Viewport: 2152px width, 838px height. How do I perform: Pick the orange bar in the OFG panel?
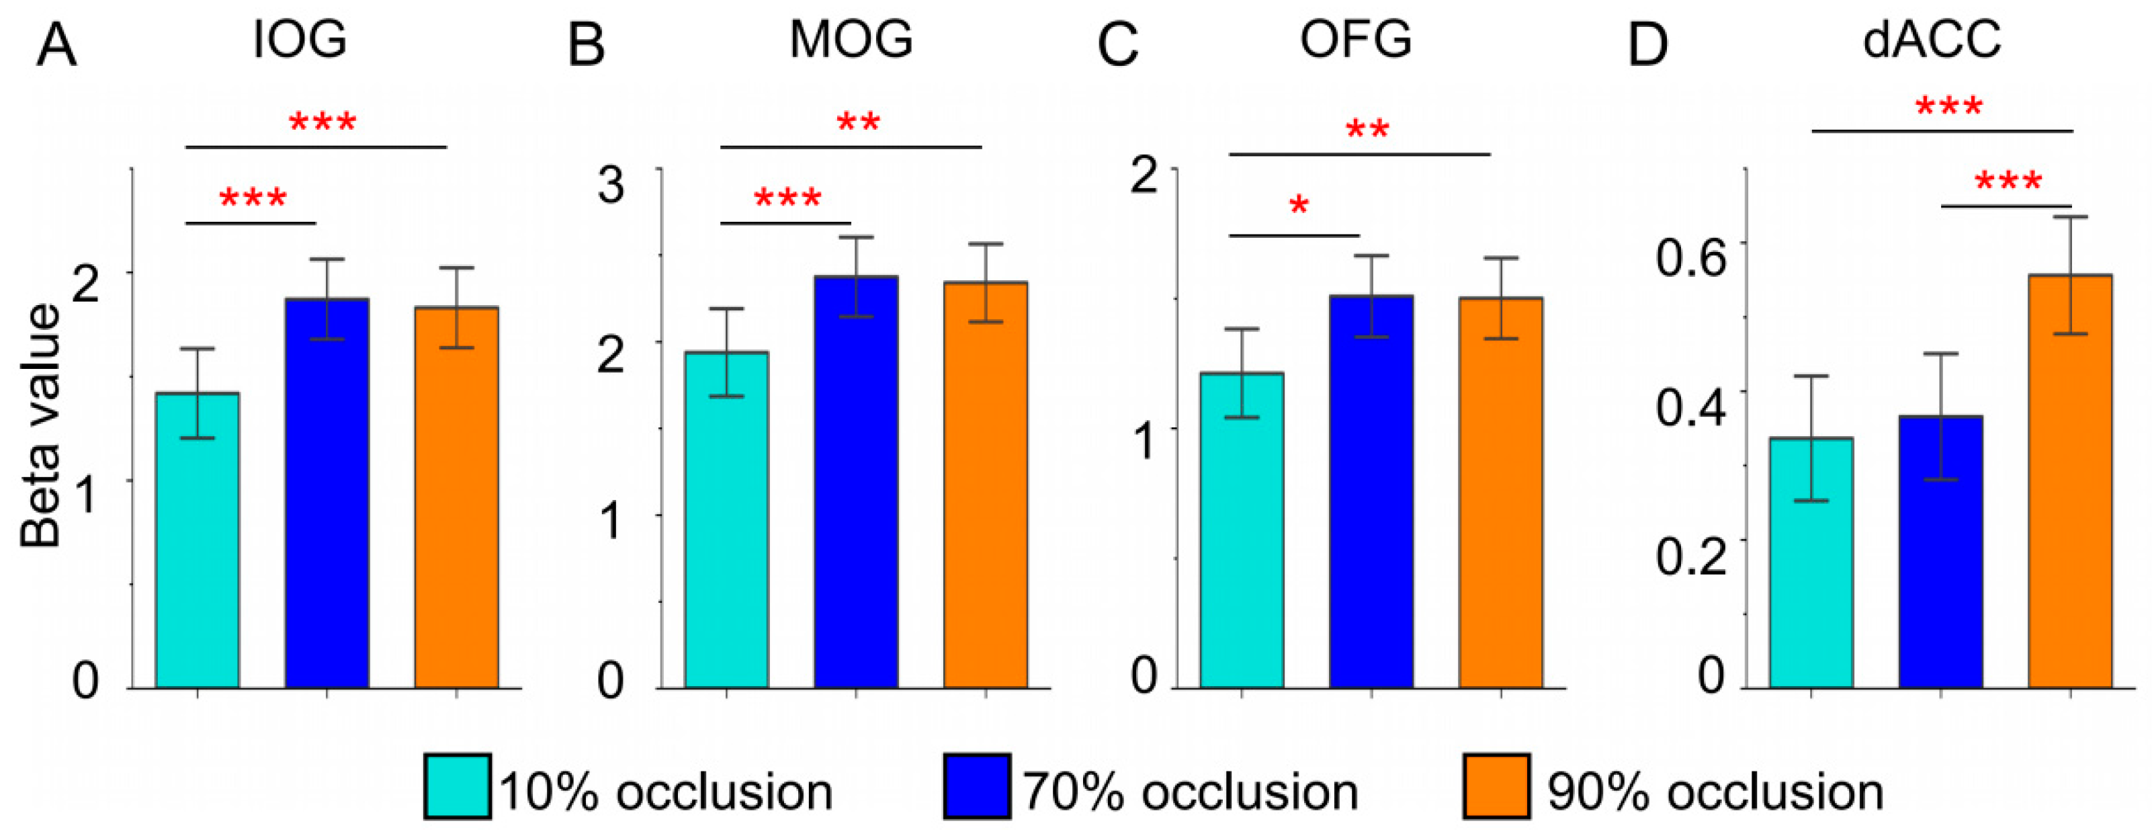pyautogui.click(x=1500, y=493)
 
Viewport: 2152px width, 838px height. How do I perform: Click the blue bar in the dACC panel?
pyautogui.click(x=1940, y=552)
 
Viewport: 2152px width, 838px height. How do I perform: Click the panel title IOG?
pyautogui.click(x=300, y=38)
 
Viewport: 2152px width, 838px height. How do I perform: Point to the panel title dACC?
pyautogui.click(x=1932, y=38)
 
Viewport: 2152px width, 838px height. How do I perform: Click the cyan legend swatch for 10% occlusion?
pyautogui.click(x=457, y=786)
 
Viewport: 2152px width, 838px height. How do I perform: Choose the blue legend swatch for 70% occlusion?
pyautogui.click(x=977, y=786)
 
